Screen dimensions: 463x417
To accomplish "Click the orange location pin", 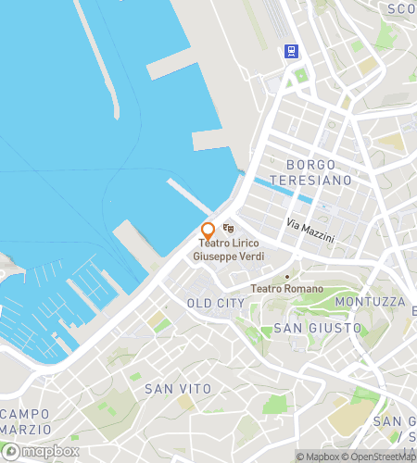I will pos(208,231).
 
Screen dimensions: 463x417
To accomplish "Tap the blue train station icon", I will pos(292,51).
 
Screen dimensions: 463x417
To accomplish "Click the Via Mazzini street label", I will pos(310,231).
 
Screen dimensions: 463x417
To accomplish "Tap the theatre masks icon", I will pos(228,229).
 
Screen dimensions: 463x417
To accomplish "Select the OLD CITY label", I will pos(216,303).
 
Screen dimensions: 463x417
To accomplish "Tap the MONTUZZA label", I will pos(371,302).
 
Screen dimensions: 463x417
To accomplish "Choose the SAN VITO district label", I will pos(178,389).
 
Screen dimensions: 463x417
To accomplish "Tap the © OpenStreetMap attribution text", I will pos(381,457).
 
